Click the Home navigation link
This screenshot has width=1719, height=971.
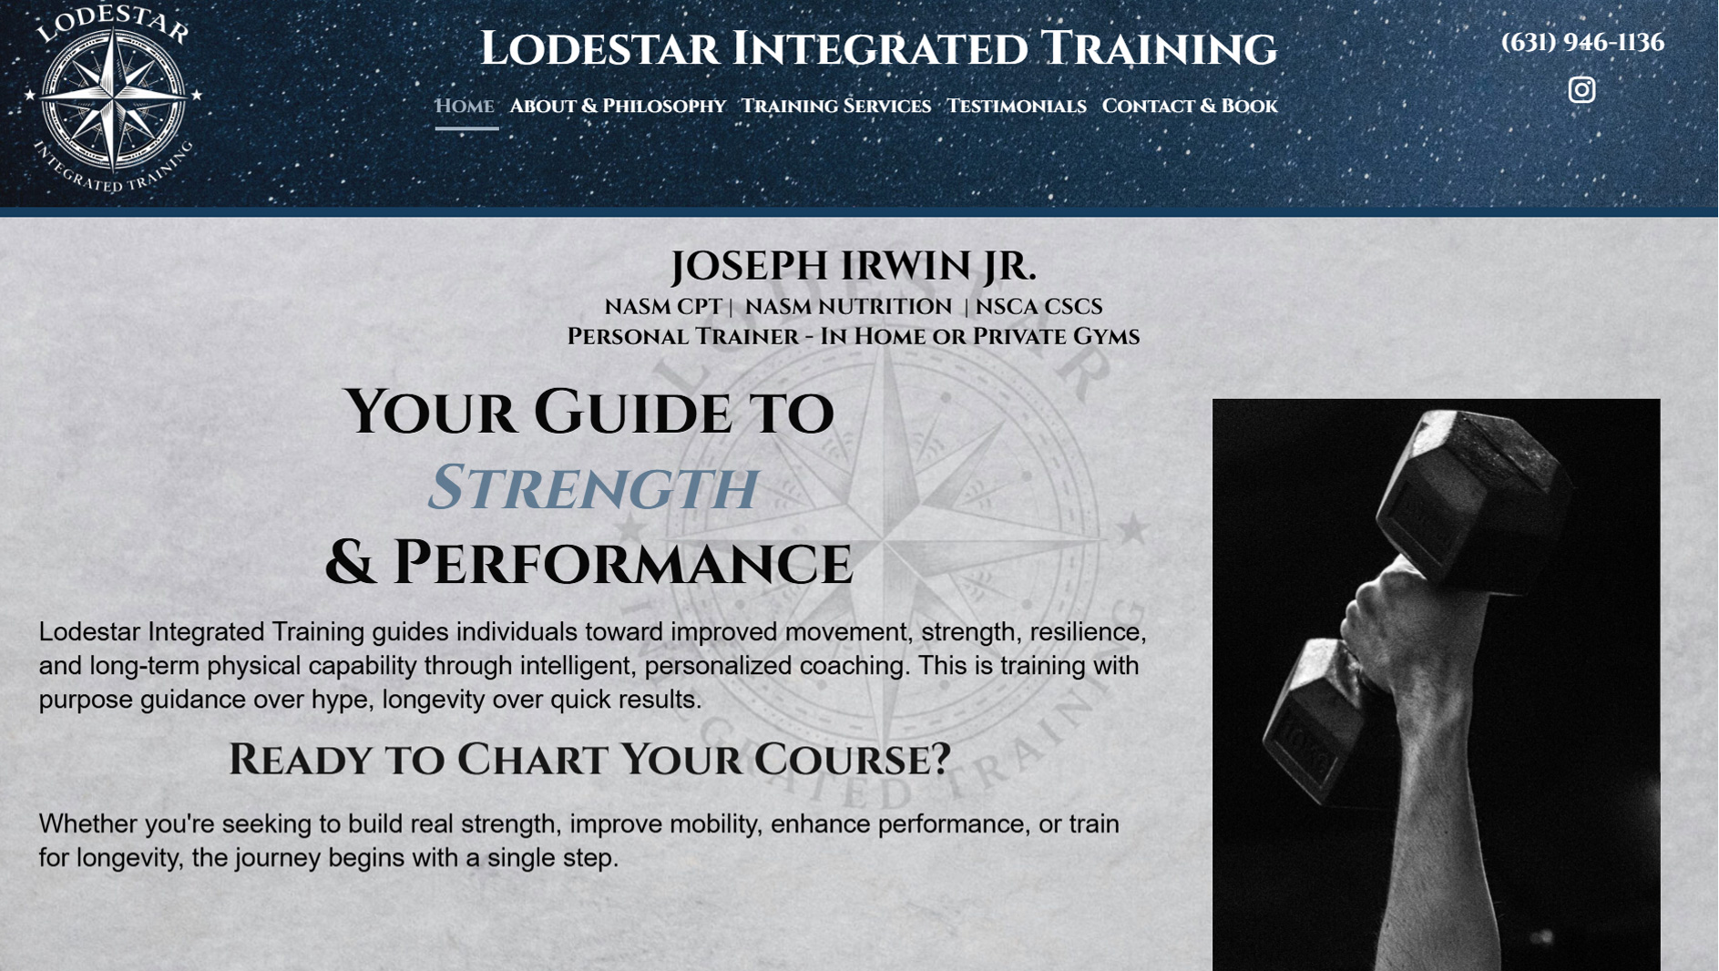pos(465,107)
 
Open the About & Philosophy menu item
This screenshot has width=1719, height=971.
pos(618,107)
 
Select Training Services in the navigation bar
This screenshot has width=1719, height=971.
pos(836,107)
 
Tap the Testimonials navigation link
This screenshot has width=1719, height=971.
pos(1017,107)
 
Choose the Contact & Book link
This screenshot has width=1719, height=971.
pos(1190,107)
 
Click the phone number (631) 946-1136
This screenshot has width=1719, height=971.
pos(1582,42)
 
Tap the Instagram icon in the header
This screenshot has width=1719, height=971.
pos(1581,89)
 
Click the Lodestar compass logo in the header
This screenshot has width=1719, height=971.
pos(113,98)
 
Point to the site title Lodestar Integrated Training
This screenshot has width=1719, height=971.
pos(878,48)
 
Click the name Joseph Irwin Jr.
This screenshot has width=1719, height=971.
pos(854,266)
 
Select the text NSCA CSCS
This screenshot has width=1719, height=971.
pos(1039,307)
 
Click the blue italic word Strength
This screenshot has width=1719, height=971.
pos(593,488)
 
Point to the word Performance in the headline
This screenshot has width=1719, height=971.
pos(622,563)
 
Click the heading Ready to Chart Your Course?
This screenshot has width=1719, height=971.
pos(589,760)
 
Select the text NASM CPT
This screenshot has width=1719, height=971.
pos(663,307)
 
